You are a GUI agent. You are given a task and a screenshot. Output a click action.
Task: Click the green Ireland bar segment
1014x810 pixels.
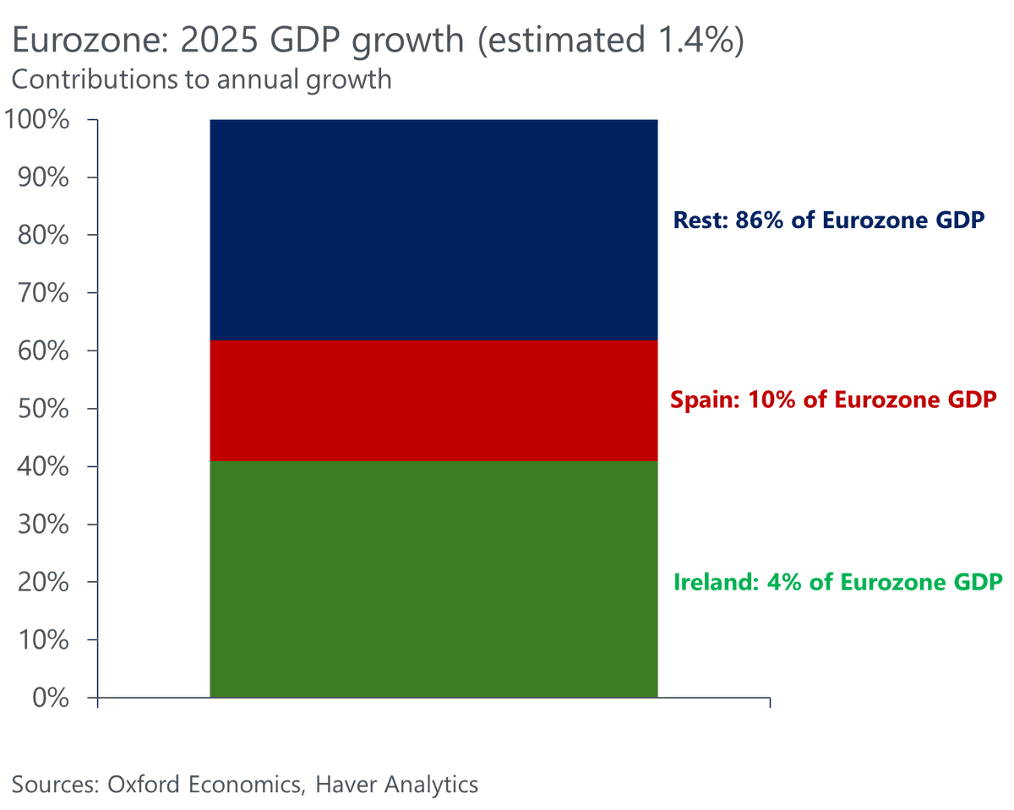click(x=433, y=579)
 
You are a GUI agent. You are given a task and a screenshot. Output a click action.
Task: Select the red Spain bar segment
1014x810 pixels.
click(x=433, y=400)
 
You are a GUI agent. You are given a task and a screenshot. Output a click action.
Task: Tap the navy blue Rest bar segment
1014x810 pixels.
click(x=433, y=230)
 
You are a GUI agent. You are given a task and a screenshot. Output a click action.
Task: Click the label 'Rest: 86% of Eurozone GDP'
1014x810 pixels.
click(x=829, y=221)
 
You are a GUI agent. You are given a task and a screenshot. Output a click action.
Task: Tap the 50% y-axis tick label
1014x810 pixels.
click(x=43, y=410)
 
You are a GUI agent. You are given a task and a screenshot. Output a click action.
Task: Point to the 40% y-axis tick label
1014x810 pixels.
click(x=43, y=467)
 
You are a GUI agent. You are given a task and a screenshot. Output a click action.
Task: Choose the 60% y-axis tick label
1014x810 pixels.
click(x=43, y=351)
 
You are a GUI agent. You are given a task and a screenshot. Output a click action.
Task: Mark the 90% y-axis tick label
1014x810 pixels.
click(x=43, y=178)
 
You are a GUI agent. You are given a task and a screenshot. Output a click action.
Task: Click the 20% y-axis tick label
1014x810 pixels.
click(x=43, y=583)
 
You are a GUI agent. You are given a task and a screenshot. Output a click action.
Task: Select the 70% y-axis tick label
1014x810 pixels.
click(x=43, y=294)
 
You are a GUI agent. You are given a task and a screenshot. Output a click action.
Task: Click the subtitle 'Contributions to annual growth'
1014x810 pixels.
click(x=201, y=79)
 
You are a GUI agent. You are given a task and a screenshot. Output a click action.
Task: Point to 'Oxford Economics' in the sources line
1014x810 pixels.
click(x=205, y=784)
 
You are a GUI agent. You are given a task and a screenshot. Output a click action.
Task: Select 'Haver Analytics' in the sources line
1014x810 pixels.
click(x=396, y=784)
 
